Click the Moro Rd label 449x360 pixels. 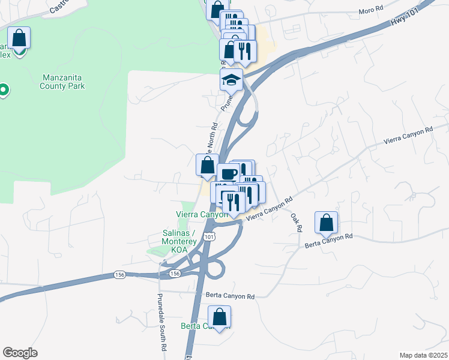[370, 10]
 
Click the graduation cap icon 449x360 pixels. [231, 79]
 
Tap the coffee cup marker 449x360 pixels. [228, 174]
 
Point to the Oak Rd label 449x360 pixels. [295, 222]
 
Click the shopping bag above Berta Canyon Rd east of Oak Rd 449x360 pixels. [326, 223]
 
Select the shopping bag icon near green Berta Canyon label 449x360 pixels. [220, 316]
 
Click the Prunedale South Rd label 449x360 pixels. [161, 321]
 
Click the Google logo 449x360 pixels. [20, 352]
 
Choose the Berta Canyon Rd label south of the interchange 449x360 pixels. [231, 296]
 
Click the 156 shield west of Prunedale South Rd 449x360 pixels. [119, 275]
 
